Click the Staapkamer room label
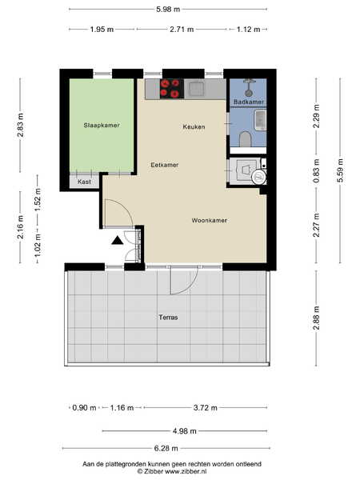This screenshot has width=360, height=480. (x=102, y=125)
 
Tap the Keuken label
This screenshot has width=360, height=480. (x=194, y=126)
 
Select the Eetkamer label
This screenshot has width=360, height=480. (x=164, y=165)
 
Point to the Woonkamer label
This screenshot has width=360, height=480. (x=210, y=221)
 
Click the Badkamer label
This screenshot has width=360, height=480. (x=248, y=102)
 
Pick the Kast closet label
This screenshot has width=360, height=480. (x=84, y=182)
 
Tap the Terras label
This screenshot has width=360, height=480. (x=168, y=317)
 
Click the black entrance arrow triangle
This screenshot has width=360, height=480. (x=117, y=241)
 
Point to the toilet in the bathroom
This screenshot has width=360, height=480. (x=246, y=139)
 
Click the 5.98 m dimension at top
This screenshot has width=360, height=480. (x=168, y=9)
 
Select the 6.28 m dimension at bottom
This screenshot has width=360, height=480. (x=166, y=449)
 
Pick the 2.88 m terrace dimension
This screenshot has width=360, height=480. (x=317, y=318)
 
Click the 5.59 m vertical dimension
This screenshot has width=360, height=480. (x=341, y=170)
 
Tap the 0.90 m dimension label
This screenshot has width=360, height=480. (x=84, y=408)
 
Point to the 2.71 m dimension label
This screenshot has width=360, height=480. (x=182, y=30)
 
